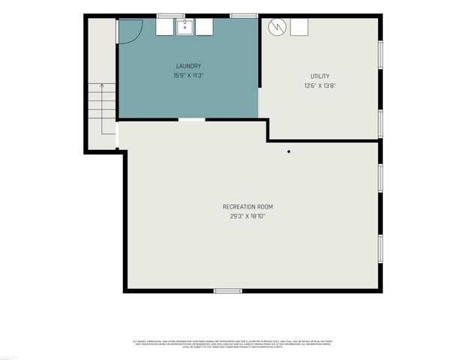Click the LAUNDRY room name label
[188, 66]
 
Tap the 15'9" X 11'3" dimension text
[188, 75]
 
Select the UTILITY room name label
[320, 76]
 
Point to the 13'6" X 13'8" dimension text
[320, 85]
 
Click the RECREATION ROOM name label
[248, 207]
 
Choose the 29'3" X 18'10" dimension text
[248, 216]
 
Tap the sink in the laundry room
[185, 27]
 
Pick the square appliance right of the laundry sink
[204, 27]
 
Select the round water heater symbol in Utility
[278, 27]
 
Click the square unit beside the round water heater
[299, 27]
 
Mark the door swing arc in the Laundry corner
[129, 29]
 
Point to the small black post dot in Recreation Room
[289, 151]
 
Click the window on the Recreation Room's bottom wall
[228, 290]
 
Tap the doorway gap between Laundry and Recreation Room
[191, 119]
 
